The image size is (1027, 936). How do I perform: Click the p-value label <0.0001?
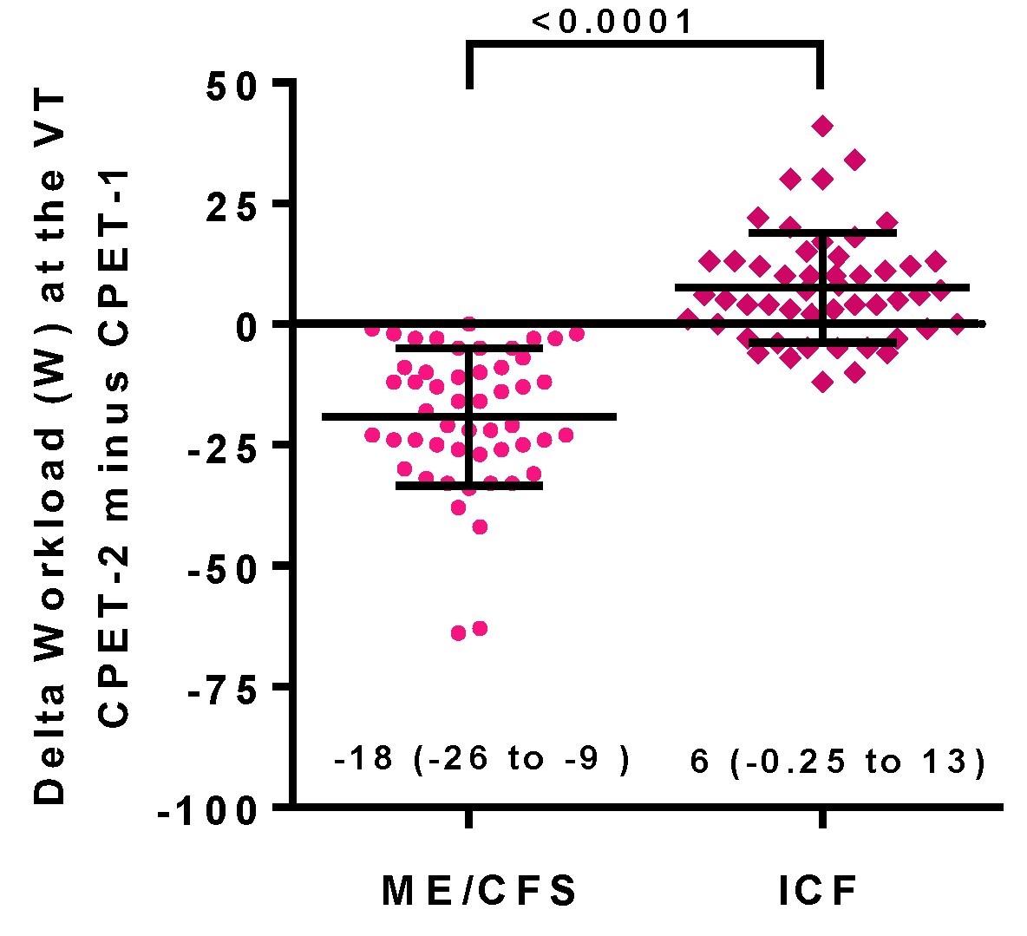613,21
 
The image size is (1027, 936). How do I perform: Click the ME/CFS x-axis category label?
480,891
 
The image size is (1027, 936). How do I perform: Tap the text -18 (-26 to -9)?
481,760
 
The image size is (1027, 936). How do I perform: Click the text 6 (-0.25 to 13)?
838,763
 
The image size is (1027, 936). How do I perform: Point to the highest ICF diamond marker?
822,127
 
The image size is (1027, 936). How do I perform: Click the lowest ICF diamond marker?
822,382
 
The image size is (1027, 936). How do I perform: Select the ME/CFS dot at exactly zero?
469,324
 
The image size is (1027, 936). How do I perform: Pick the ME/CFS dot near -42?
480,527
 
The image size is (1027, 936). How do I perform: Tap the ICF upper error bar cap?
822,232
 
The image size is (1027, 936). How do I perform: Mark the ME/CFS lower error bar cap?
469,486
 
